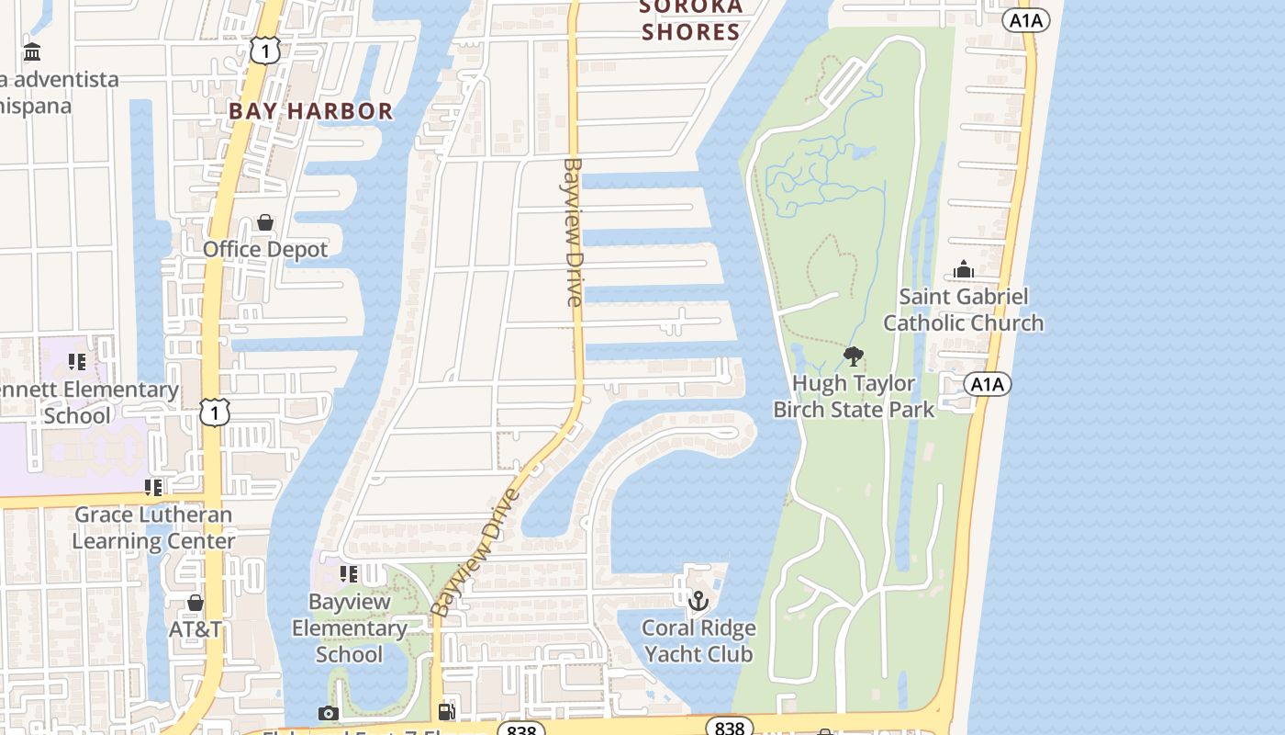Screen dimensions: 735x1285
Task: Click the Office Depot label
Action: (x=264, y=249)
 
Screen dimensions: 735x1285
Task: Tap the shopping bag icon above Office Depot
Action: (x=265, y=222)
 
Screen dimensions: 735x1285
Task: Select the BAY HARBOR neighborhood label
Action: (x=310, y=111)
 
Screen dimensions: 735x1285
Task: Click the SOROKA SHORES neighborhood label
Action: (x=691, y=19)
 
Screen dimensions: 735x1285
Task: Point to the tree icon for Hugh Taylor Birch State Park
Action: (x=854, y=356)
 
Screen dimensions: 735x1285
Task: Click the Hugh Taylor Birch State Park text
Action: (x=854, y=396)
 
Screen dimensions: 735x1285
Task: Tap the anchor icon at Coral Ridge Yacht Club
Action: (x=698, y=602)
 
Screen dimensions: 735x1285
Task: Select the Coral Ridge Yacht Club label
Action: (x=698, y=641)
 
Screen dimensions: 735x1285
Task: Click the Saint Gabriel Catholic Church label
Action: (x=963, y=310)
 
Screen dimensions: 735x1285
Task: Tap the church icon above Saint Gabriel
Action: (x=963, y=269)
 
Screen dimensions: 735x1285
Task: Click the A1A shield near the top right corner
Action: (x=1025, y=20)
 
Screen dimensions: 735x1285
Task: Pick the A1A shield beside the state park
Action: (x=988, y=384)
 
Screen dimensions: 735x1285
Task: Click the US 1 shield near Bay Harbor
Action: (x=264, y=51)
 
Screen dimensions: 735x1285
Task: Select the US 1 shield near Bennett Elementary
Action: (x=214, y=413)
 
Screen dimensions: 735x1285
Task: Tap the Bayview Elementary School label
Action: (x=349, y=628)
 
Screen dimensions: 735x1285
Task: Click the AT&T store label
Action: (x=195, y=629)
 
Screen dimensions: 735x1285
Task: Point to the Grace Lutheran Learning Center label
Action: (x=153, y=527)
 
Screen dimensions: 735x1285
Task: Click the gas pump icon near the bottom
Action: (x=447, y=711)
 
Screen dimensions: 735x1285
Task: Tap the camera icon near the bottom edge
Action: (x=328, y=714)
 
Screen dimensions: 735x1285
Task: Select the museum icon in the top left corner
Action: (x=32, y=51)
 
